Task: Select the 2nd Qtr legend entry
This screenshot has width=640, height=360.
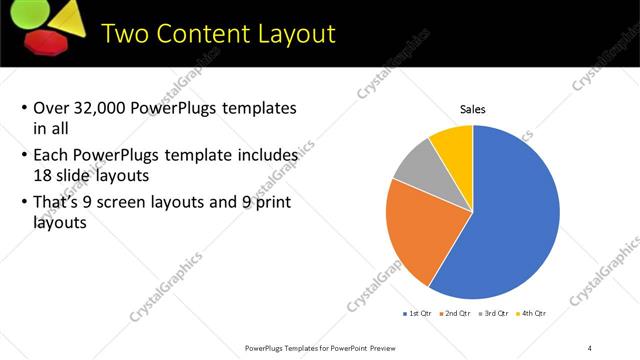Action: pyautogui.click(x=458, y=313)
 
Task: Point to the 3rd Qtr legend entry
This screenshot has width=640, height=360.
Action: pyautogui.click(x=498, y=313)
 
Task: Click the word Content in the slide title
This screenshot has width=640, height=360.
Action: pyautogui.click(x=218, y=33)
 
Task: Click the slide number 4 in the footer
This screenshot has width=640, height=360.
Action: pyautogui.click(x=590, y=347)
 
